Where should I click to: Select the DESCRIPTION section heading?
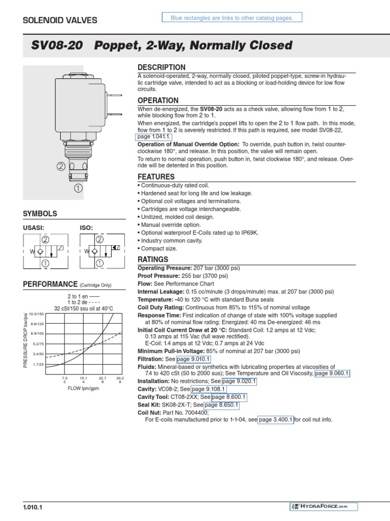tap(161, 68)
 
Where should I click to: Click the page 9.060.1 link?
tap(332, 373)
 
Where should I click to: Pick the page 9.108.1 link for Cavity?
tap(209, 389)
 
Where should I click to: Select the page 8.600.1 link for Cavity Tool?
tap(229, 397)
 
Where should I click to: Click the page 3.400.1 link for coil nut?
tap(276, 420)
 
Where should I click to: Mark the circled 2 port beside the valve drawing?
tap(60, 166)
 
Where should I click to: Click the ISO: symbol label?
tap(86, 228)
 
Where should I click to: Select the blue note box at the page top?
tap(232, 18)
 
